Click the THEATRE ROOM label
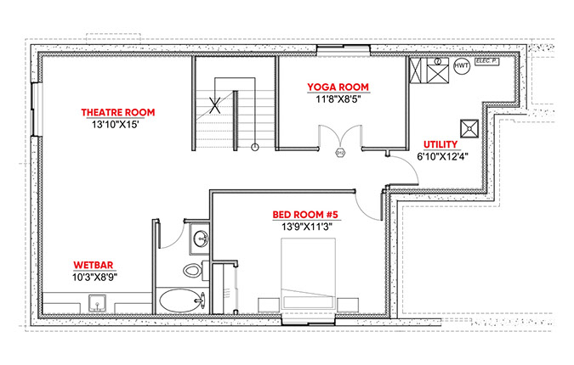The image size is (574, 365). (x=118, y=112)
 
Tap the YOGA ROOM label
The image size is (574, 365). (x=338, y=87)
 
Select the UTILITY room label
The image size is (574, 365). (x=440, y=144)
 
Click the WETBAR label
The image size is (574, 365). (x=94, y=265)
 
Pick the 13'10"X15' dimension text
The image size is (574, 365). (x=115, y=125)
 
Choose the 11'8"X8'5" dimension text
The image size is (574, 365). (x=338, y=99)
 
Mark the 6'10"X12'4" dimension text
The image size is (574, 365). (x=442, y=156)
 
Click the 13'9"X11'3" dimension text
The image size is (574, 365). (x=306, y=227)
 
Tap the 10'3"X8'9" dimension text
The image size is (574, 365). (x=94, y=277)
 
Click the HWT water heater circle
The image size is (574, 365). (x=461, y=65)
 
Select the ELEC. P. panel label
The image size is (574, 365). (x=487, y=61)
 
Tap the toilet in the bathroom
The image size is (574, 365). (x=193, y=271)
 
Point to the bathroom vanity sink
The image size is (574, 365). (x=200, y=239)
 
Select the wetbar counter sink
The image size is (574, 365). (x=98, y=303)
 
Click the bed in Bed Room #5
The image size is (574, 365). (x=308, y=275)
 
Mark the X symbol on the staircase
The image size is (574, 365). (x=215, y=105)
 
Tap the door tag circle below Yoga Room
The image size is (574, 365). (x=340, y=153)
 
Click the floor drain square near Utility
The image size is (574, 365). (x=469, y=128)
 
